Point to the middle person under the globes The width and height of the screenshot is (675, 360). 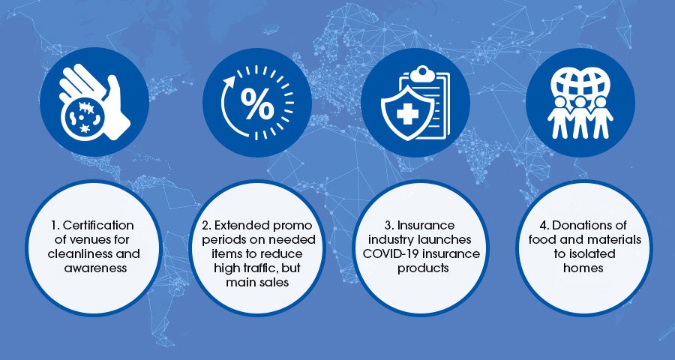[x=580, y=117]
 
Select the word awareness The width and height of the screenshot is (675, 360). [x=95, y=268]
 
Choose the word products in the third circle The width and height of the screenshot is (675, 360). [x=423, y=268]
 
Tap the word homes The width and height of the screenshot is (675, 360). [x=583, y=268]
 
